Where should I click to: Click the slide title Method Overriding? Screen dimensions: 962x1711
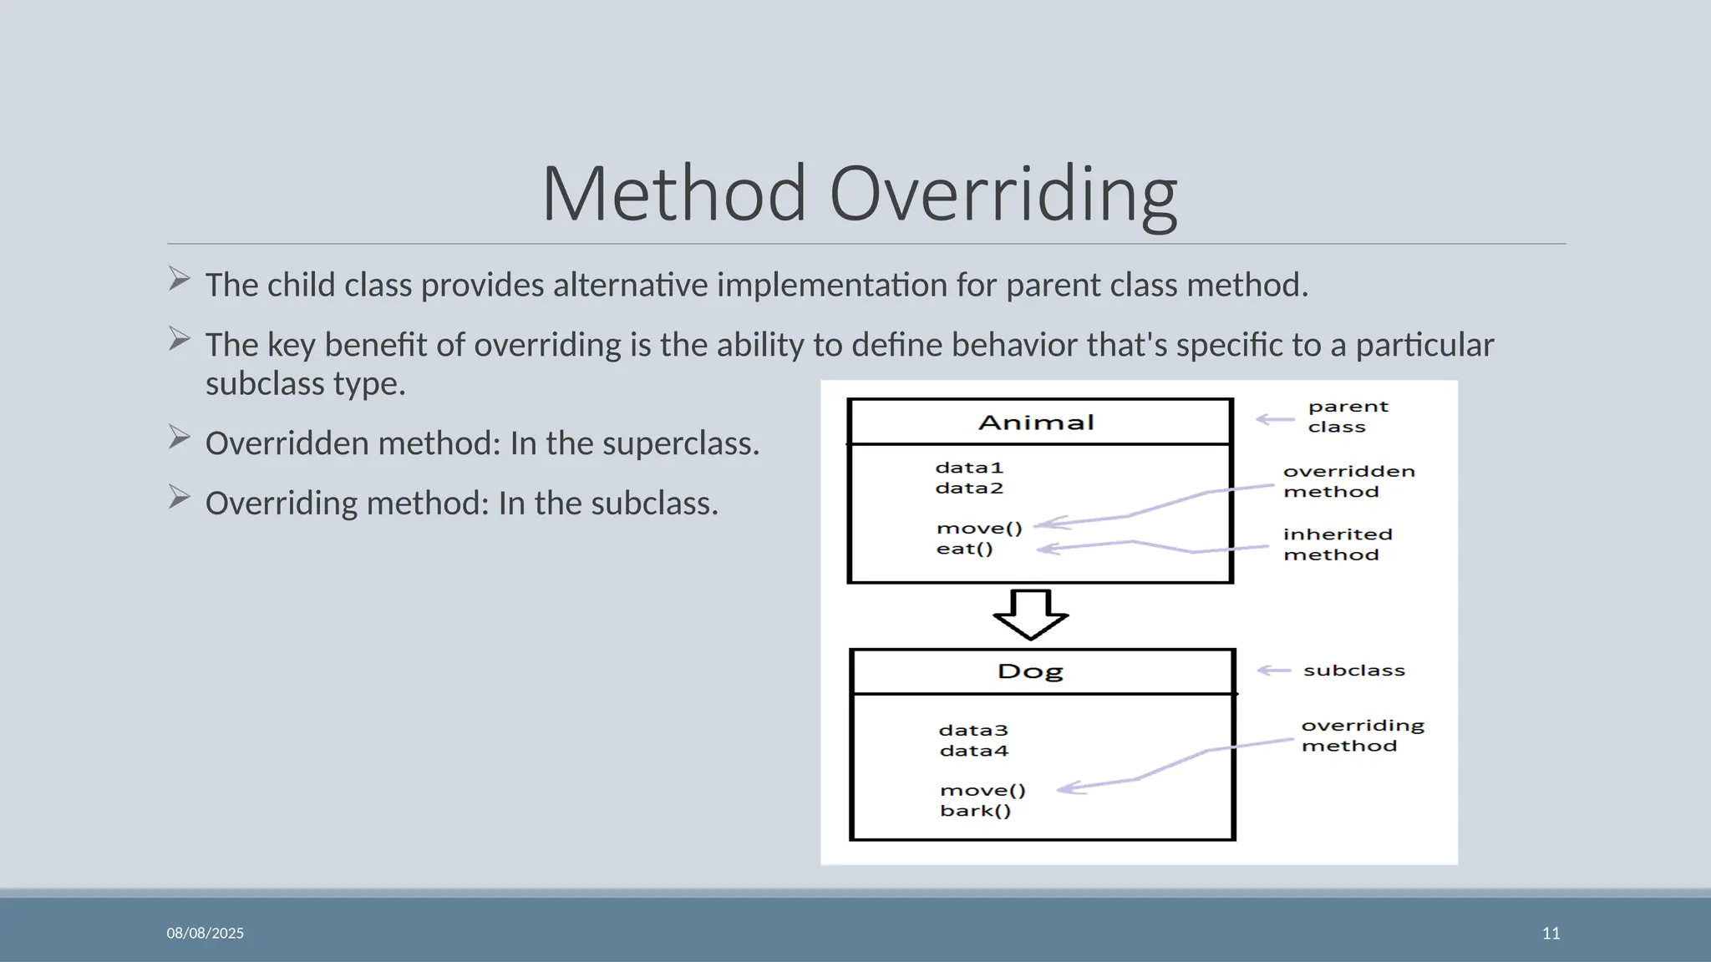[x=860, y=194]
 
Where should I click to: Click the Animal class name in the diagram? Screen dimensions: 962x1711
[x=1036, y=423]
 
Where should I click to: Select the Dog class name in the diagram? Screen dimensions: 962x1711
[x=1030, y=671]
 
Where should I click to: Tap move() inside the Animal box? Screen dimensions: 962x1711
[x=979, y=529]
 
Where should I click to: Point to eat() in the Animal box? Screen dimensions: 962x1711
[x=964, y=549]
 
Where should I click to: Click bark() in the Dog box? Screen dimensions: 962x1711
[x=975, y=811]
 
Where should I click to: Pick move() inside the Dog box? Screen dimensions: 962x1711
[x=982, y=790]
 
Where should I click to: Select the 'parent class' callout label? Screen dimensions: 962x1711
[x=1347, y=417]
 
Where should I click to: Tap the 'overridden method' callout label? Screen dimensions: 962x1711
[x=1348, y=482]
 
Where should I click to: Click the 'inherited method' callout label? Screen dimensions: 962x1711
[x=1338, y=544]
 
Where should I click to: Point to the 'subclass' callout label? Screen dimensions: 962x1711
[x=1353, y=671]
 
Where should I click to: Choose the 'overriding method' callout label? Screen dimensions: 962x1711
[x=1362, y=736]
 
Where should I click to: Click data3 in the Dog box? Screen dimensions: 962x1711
[x=973, y=731]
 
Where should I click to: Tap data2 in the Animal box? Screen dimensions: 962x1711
[x=969, y=489]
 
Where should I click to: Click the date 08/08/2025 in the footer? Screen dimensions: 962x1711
[x=205, y=933]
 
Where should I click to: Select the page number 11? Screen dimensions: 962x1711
[x=1551, y=933]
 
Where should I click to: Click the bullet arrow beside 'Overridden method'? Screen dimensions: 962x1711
[x=179, y=438]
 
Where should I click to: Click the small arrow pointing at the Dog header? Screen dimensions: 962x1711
[x=1274, y=671]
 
